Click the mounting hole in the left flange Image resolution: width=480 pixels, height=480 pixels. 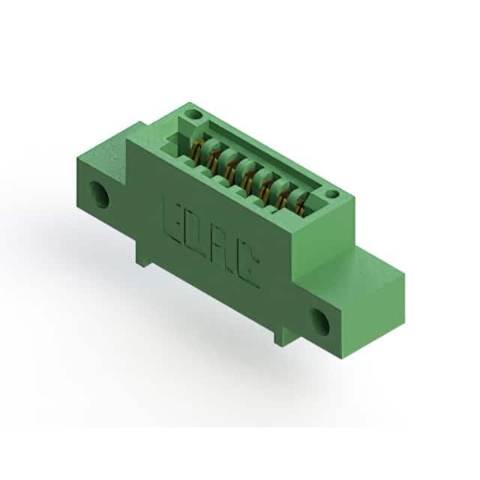click(99, 195)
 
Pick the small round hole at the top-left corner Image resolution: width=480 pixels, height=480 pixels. click(194, 116)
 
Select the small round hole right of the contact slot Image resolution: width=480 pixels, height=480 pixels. click(331, 194)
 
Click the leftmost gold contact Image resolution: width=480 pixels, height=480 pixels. click(196, 151)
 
